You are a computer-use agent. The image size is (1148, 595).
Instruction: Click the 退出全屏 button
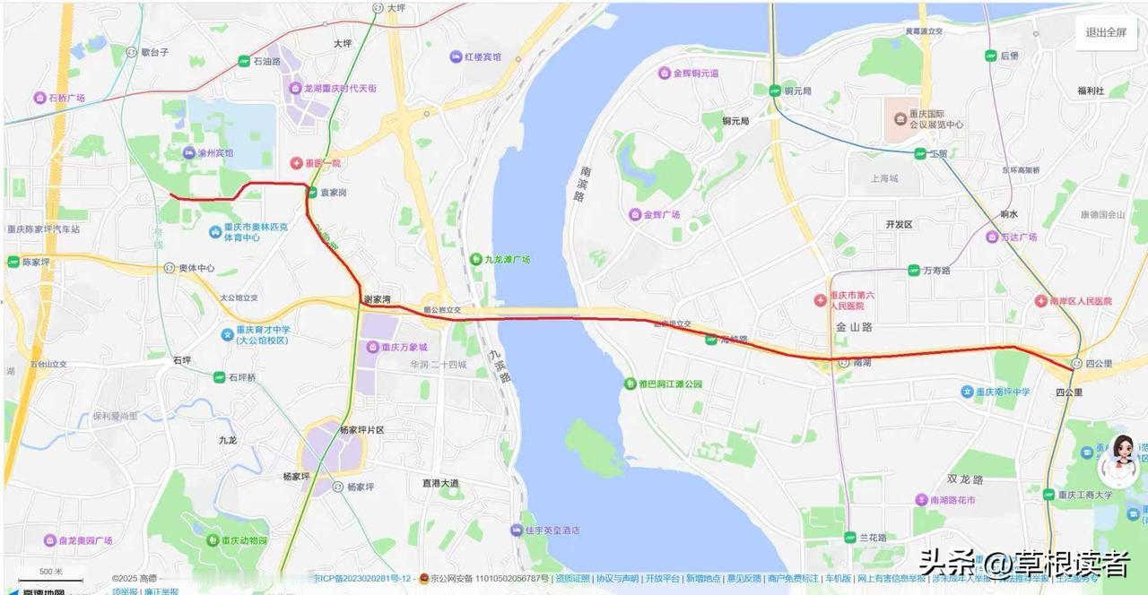pyautogui.click(x=1105, y=32)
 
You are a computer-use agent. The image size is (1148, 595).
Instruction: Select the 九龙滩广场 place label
pyautogui.click(x=508, y=259)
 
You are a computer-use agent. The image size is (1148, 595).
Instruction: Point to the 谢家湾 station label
pyautogui.click(x=377, y=298)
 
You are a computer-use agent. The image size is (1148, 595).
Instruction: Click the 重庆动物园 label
pyautogui.click(x=244, y=540)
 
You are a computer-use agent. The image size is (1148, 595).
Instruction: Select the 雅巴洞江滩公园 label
pyautogui.click(x=669, y=384)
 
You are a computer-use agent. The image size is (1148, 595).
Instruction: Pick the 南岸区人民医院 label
pyautogui.click(x=1078, y=301)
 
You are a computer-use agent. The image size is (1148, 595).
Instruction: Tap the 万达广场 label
pyautogui.click(x=1016, y=237)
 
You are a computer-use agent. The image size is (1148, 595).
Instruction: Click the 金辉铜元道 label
pyautogui.click(x=694, y=73)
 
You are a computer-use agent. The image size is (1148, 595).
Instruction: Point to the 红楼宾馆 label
pyautogui.click(x=482, y=56)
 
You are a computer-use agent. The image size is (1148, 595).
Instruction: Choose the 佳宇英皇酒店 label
pyautogui.click(x=552, y=530)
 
